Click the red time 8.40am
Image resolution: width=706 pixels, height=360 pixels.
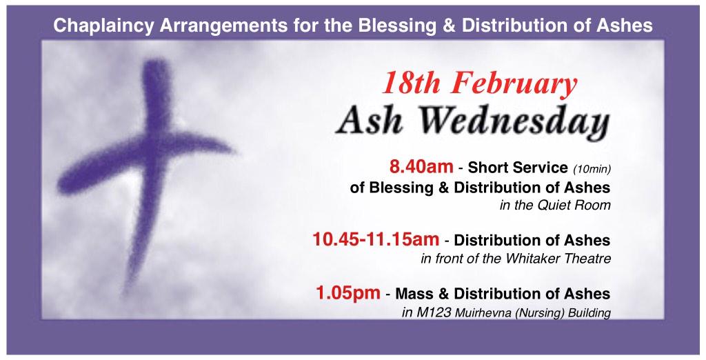click(x=421, y=168)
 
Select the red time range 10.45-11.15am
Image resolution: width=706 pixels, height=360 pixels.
click(x=376, y=240)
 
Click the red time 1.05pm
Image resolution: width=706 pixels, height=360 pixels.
click(x=347, y=293)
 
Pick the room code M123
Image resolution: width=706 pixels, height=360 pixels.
click(x=433, y=313)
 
